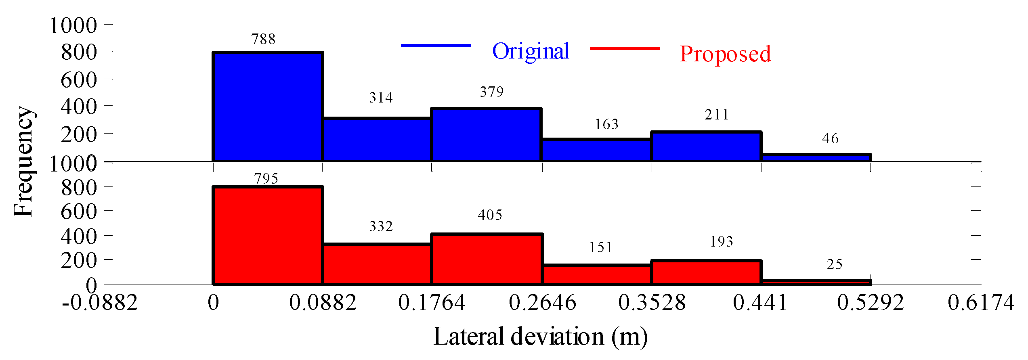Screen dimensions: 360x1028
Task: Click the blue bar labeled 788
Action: click(268, 107)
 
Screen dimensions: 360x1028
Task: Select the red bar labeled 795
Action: click(268, 236)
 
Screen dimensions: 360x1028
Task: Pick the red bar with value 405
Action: click(487, 259)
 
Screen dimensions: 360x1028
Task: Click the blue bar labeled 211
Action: click(706, 146)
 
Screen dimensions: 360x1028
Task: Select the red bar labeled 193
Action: click(706, 272)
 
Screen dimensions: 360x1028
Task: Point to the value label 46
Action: click(830, 138)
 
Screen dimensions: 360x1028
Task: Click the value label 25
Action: click(834, 264)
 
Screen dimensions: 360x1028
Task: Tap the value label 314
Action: click(381, 98)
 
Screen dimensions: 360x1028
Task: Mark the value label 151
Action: click(600, 247)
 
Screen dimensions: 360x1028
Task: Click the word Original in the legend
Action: click(531, 52)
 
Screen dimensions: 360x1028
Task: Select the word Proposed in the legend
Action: click(725, 54)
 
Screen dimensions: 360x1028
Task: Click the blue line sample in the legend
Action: click(436, 46)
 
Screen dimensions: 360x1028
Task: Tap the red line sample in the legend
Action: click(625, 48)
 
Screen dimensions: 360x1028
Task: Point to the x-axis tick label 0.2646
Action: click(542, 303)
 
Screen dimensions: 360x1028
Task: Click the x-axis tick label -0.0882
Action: click(100, 303)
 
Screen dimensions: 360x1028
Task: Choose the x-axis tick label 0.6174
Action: click(981, 303)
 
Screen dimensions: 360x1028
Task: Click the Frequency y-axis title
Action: click(23, 161)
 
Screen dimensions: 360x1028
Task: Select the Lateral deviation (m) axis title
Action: click(540, 337)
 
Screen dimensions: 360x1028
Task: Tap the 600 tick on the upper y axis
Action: click(79, 80)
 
